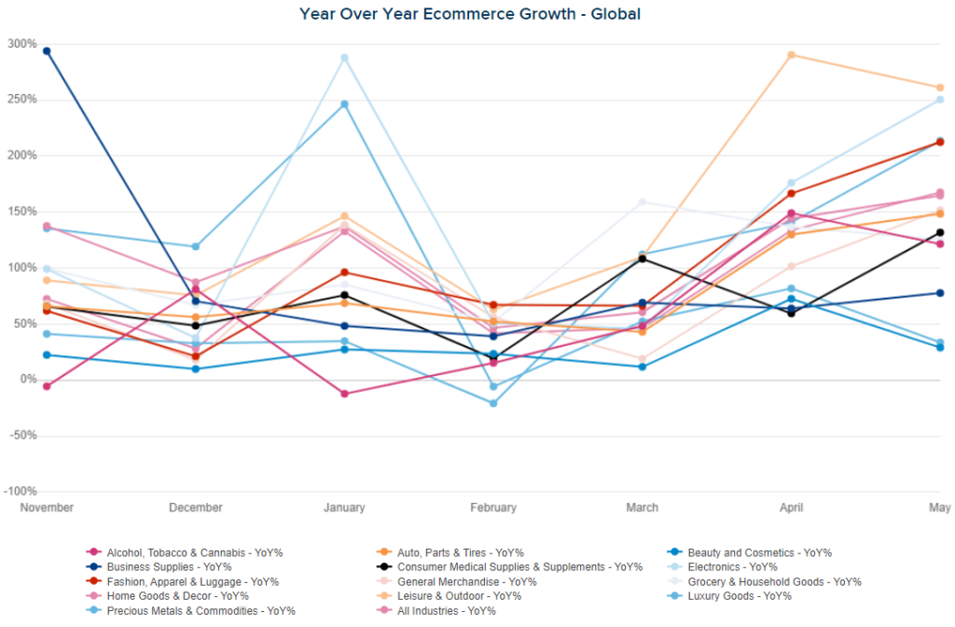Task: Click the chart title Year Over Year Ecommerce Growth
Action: click(470, 14)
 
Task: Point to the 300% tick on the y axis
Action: click(21, 44)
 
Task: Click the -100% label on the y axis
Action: click(20, 492)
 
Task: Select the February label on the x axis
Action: click(493, 508)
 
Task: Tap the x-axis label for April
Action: click(791, 508)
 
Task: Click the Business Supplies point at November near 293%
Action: click(47, 50)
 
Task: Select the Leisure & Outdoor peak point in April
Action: click(791, 55)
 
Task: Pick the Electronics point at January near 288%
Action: click(344, 58)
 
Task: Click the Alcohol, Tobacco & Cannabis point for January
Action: click(344, 394)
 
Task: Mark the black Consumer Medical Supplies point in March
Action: click(643, 258)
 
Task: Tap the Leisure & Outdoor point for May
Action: click(940, 88)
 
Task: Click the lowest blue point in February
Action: click(493, 403)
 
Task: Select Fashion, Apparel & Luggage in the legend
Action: click(174, 582)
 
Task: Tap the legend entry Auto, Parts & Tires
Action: click(460, 552)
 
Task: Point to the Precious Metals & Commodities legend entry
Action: click(201, 611)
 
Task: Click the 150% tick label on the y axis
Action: click(21, 212)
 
